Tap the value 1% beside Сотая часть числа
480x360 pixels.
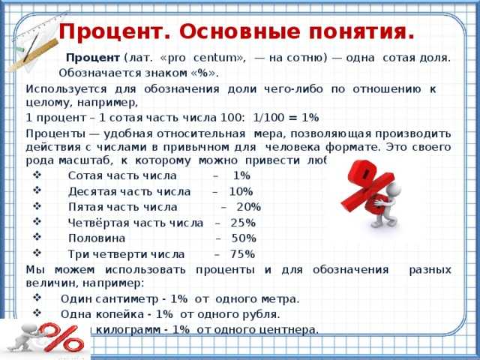[x=241, y=175]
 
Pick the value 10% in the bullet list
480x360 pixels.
[x=241, y=191]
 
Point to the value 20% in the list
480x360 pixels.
[x=248, y=207]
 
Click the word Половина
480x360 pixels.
[x=92, y=238]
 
